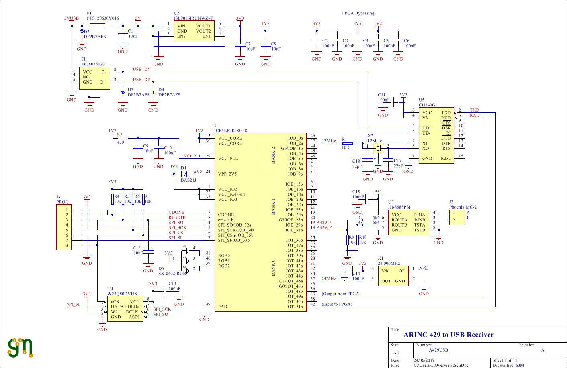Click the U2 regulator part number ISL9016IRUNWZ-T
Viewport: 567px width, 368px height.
click(x=193, y=18)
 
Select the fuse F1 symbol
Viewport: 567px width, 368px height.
click(x=98, y=26)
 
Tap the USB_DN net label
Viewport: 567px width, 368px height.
click(x=142, y=70)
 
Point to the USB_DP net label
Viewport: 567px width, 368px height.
click(x=141, y=80)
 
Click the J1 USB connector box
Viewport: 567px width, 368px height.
click(x=94, y=78)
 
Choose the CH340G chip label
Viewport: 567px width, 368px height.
click(x=427, y=105)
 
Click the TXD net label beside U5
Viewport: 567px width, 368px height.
click(x=475, y=110)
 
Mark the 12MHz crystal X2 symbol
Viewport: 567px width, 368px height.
click(x=378, y=148)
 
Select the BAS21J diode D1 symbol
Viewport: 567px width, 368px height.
click(x=184, y=174)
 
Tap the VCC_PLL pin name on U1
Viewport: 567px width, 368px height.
click(x=228, y=159)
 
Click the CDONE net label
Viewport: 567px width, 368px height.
click(x=176, y=212)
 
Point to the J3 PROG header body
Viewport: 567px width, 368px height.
click(x=64, y=227)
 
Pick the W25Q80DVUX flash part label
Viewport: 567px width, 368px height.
click(x=122, y=294)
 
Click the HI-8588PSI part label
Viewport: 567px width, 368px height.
click(x=399, y=207)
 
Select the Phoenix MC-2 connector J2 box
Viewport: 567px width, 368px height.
click(x=457, y=217)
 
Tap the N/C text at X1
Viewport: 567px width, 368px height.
click(x=423, y=268)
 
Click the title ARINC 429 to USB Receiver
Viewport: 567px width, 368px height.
click(x=448, y=335)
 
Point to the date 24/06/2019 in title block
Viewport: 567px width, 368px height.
click(x=424, y=360)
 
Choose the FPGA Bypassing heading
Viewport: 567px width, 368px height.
click(x=358, y=13)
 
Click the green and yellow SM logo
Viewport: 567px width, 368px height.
click(x=20, y=348)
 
